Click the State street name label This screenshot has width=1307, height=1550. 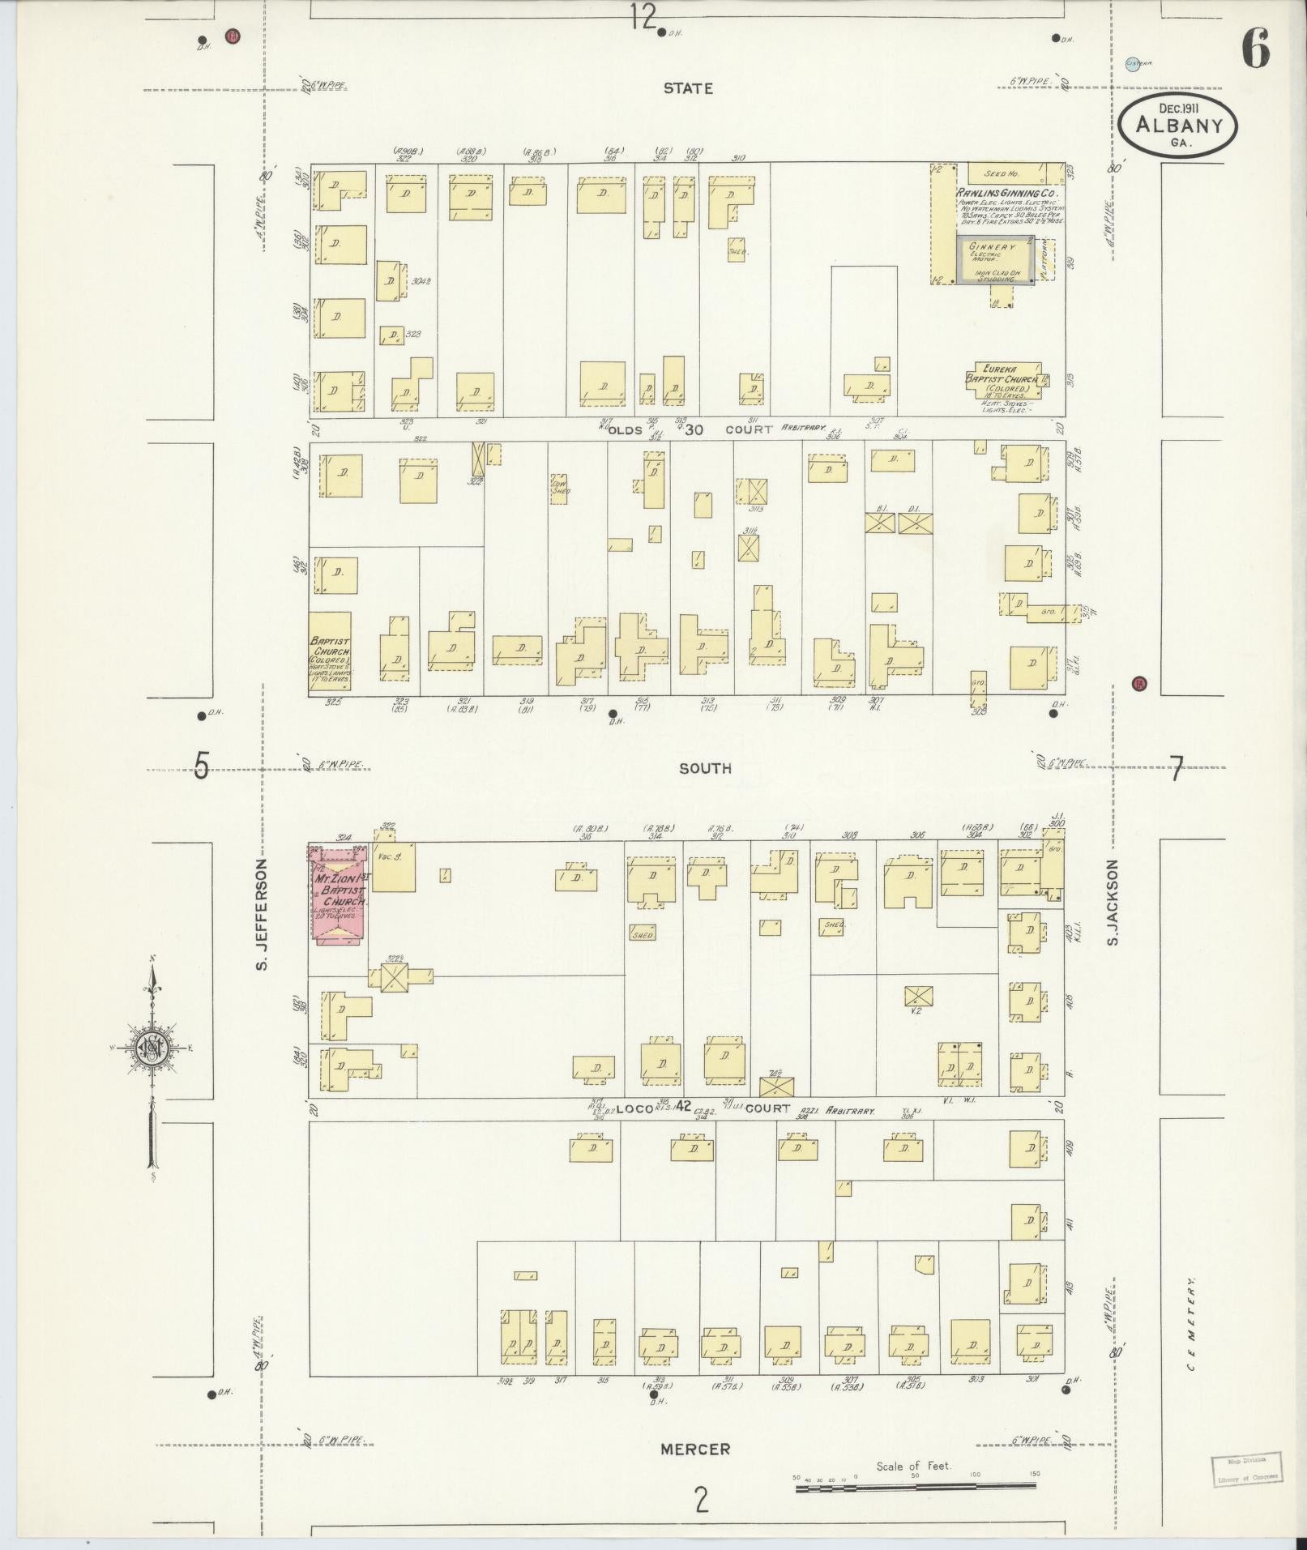pyautogui.click(x=687, y=88)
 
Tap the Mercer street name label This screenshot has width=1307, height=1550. pyautogui.click(x=694, y=1449)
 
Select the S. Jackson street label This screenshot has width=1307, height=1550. pyautogui.click(x=1113, y=902)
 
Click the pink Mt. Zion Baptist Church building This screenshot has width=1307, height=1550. pyautogui.click(x=340, y=894)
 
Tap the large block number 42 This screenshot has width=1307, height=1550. pyautogui.click(x=683, y=1106)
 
